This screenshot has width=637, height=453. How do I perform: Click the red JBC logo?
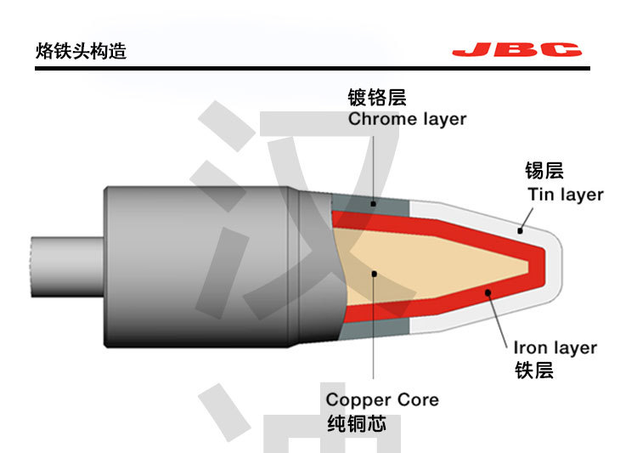[x=516, y=50]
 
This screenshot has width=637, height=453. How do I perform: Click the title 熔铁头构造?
[x=82, y=51]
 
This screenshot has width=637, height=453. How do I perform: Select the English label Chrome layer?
[x=407, y=119]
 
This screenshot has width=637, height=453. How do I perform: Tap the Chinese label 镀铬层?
[x=377, y=97]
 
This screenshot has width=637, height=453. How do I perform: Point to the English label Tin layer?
[x=565, y=194]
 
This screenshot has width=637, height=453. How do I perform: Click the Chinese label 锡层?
[x=544, y=171]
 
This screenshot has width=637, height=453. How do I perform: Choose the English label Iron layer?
[x=555, y=348]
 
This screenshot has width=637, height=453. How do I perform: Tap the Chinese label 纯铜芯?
[x=357, y=422]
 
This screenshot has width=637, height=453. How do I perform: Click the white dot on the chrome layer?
[x=374, y=204]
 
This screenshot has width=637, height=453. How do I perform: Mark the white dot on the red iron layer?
[x=488, y=293]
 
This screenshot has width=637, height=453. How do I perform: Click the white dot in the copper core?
[x=374, y=273]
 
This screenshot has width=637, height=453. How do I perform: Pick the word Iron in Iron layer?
[x=530, y=348]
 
